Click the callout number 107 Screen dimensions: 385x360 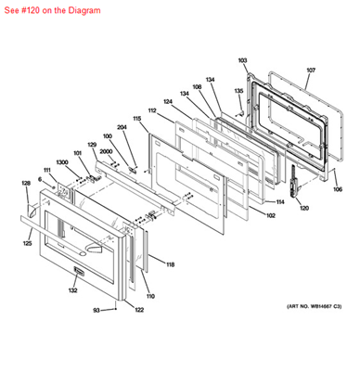coord(311,71)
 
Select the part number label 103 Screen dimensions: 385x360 coord(242,60)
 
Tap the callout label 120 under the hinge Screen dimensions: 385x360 coord(303,208)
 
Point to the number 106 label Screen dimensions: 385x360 coord(337,189)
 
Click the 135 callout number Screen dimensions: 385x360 coord(238,91)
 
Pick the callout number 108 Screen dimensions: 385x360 coord(197,86)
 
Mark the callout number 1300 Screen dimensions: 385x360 coord(61,162)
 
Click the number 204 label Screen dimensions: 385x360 coord(122,127)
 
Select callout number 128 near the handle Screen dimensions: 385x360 coord(26,183)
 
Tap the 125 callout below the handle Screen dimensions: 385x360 coord(27,244)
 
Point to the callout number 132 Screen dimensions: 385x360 coord(72,291)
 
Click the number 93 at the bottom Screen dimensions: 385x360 coord(96,310)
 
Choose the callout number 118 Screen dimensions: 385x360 coord(170,264)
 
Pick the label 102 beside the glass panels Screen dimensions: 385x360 coord(271,216)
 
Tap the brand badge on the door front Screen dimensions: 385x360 coord(79,273)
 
